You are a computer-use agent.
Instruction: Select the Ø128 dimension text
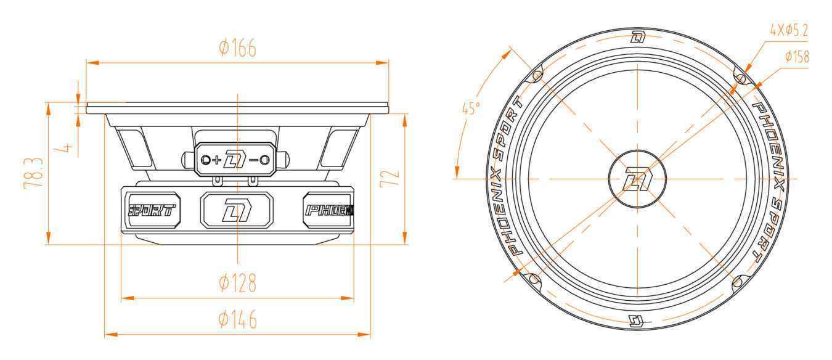[x=237, y=284]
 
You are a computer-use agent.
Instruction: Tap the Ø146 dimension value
[x=237, y=320]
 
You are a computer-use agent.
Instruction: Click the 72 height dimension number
[x=392, y=178]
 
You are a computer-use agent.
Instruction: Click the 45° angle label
[x=471, y=109]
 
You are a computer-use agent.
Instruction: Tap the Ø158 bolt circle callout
[x=796, y=57]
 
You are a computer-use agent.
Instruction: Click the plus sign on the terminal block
[x=216, y=160]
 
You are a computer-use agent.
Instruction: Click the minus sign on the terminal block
[x=253, y=160]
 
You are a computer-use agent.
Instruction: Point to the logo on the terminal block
[x=235, y=160]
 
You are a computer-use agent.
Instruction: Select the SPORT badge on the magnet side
[x=152, y=210]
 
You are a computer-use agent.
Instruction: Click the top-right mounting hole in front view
[x=741, y=78]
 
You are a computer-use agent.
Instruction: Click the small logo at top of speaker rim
[x=638, y=38]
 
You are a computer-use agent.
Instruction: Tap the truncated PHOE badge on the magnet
[x=329, y=210]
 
